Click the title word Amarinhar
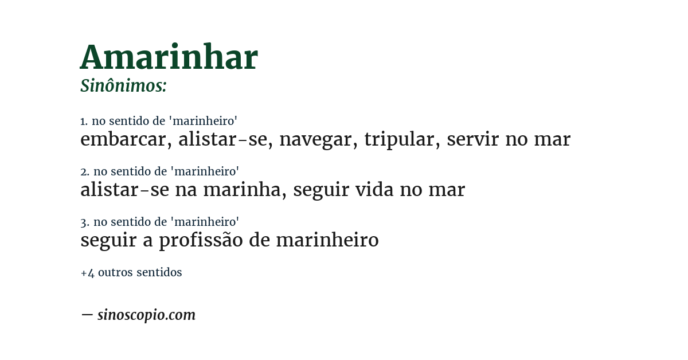pos(169,58)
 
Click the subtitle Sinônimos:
pos(123,86)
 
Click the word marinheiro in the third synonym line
pos(327,240)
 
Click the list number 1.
pos(84,122)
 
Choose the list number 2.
pos(84,172)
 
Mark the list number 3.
pos(84,222)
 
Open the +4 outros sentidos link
pos(131,273)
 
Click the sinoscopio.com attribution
pos(146,315)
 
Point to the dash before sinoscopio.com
pos(87,315)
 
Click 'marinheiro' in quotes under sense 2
pos(205,172)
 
